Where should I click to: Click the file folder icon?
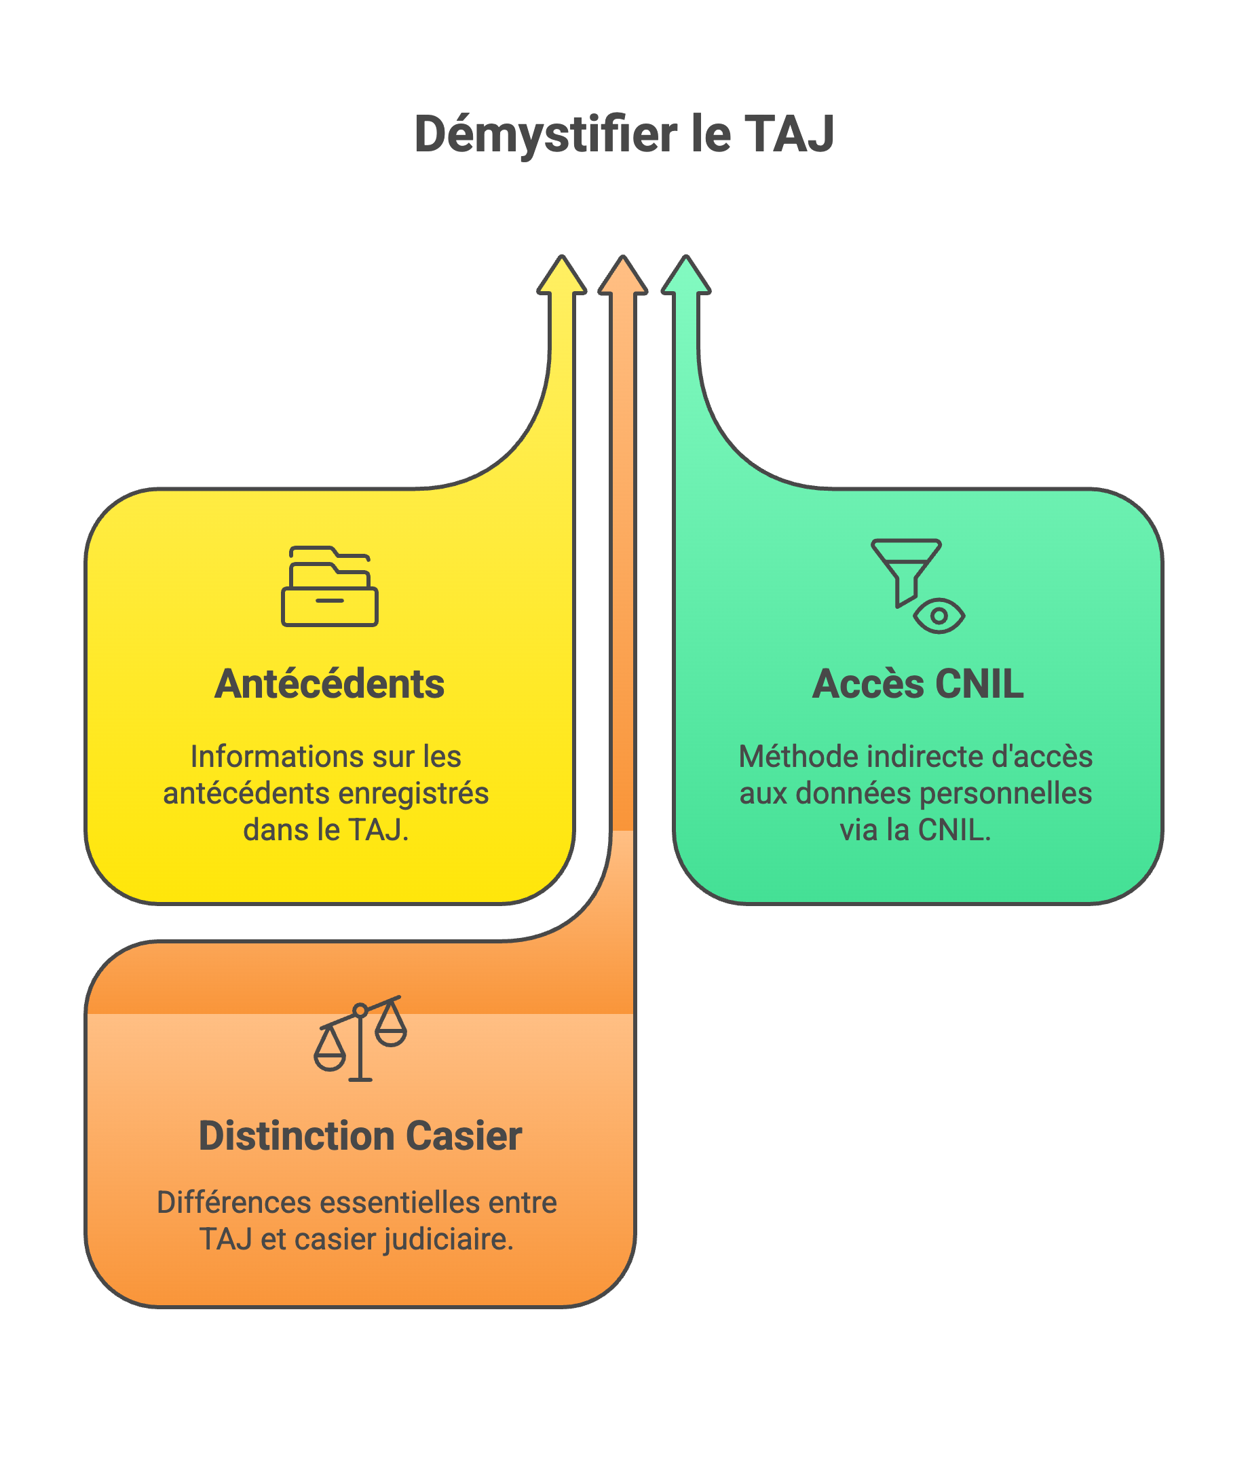[330, 586]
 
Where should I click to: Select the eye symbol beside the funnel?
[939, 616]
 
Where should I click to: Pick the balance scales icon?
[360, 1038]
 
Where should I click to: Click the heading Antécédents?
[330, 684]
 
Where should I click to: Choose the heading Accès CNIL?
[918, 684]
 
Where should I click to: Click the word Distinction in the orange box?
[296, 1136]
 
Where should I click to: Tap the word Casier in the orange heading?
[464, 1136]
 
